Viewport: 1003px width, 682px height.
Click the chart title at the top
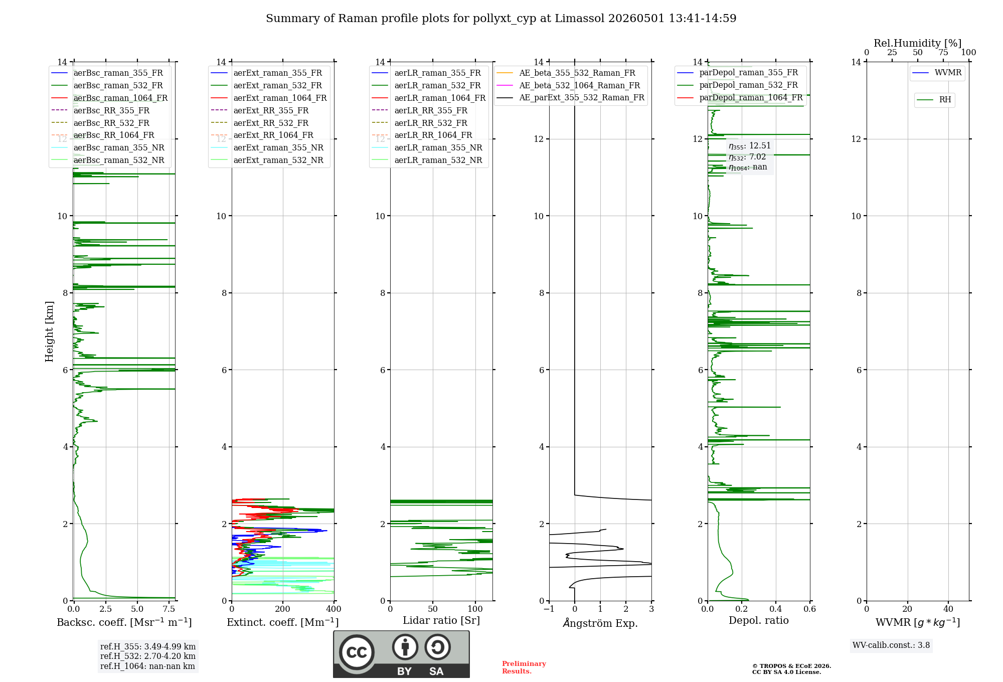[501, 19]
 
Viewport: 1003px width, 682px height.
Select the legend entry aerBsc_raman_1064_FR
[120, 98]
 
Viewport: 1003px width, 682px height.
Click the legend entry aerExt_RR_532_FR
[271, 123]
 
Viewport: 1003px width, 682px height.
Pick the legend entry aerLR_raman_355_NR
[438, 148]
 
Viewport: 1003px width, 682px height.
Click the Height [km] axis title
[49, 331]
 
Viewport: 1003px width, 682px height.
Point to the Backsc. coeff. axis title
[124, 622]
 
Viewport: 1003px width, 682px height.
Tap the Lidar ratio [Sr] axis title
[441, 620]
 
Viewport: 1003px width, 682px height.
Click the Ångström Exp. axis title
[600, 623]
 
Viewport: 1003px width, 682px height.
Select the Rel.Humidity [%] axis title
[918, 43]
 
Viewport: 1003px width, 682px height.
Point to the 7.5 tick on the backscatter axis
[169, 609]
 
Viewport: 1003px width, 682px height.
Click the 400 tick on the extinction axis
[333, 609]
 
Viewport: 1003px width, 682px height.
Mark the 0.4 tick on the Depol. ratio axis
[776, 609]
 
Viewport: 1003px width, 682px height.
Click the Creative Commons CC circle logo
[357, 652]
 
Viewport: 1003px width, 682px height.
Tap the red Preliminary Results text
[524, 667]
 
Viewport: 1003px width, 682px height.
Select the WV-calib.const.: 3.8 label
[891, 645]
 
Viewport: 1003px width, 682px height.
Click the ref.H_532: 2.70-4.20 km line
[148, 656]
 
